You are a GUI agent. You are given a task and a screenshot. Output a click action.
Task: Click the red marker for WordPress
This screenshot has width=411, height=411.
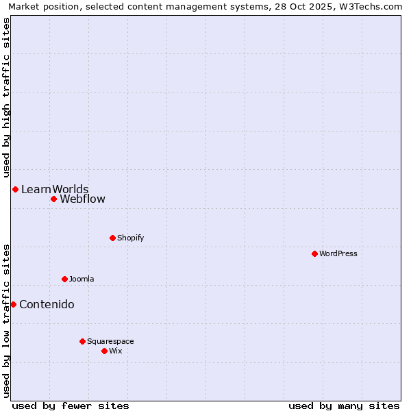click(314, 253)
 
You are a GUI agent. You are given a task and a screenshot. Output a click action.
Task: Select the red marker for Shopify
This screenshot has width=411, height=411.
click(112, 238)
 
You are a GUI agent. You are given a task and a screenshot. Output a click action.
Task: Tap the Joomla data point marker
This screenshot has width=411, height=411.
click(64, 279)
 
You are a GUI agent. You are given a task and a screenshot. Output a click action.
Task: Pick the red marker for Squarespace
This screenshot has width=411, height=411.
click(82, 341)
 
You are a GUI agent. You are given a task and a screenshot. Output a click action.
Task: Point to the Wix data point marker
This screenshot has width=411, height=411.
click(104, 351)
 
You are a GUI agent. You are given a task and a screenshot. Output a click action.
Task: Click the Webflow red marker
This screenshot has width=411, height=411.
click(53, 199)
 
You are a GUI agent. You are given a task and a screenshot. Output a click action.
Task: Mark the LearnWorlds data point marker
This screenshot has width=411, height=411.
click(15, 189)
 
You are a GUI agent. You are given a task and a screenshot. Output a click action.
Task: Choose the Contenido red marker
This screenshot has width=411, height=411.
click(13, 304)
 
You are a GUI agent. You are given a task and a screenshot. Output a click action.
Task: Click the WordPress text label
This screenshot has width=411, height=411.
click(338, 253)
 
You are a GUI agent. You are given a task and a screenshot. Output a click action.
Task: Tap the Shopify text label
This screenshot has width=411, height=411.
click(131, 238)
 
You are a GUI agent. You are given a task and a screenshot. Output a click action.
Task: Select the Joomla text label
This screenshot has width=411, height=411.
click(82, 279)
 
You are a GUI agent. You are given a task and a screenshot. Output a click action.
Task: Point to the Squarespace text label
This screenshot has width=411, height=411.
click(110, 341)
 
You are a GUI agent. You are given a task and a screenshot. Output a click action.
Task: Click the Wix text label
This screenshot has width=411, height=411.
click(116, 351)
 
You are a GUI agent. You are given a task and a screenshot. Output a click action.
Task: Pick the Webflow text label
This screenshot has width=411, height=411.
click(83, 199)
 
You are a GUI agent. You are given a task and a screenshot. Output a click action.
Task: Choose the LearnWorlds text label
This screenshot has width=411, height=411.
click(55, 189)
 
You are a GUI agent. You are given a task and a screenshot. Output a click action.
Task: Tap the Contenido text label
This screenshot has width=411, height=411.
click(47, 305)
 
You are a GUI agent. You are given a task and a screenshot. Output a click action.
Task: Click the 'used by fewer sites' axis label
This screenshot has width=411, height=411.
click(71, 406)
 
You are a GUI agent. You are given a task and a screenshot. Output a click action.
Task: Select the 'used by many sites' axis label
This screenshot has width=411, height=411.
click(344, 406)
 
